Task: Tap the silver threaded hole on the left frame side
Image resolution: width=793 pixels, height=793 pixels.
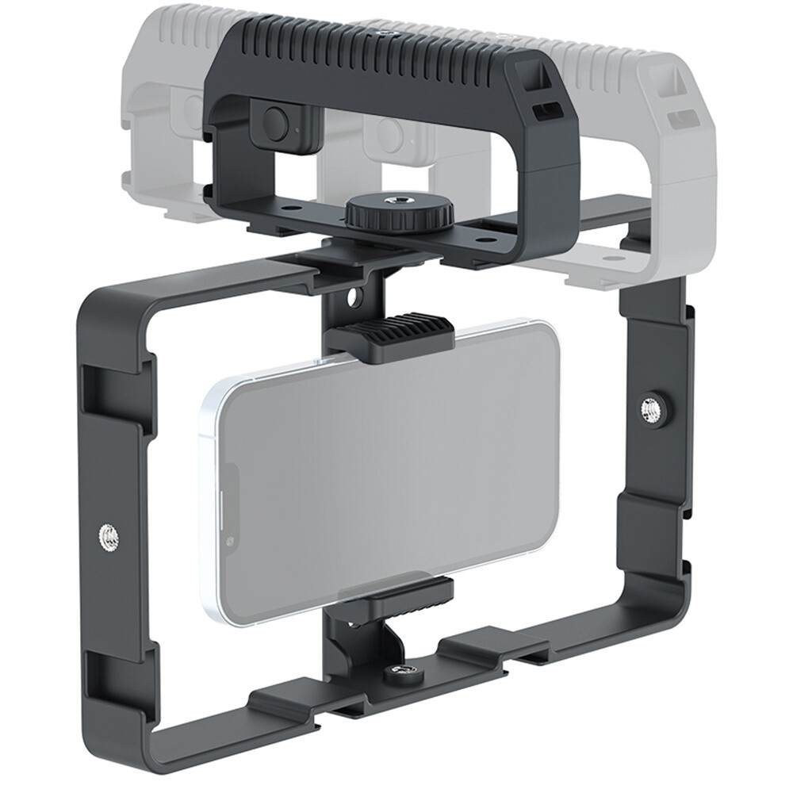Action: pos(109,539)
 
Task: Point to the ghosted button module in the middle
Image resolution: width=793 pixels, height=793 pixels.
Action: pos(392,136)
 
